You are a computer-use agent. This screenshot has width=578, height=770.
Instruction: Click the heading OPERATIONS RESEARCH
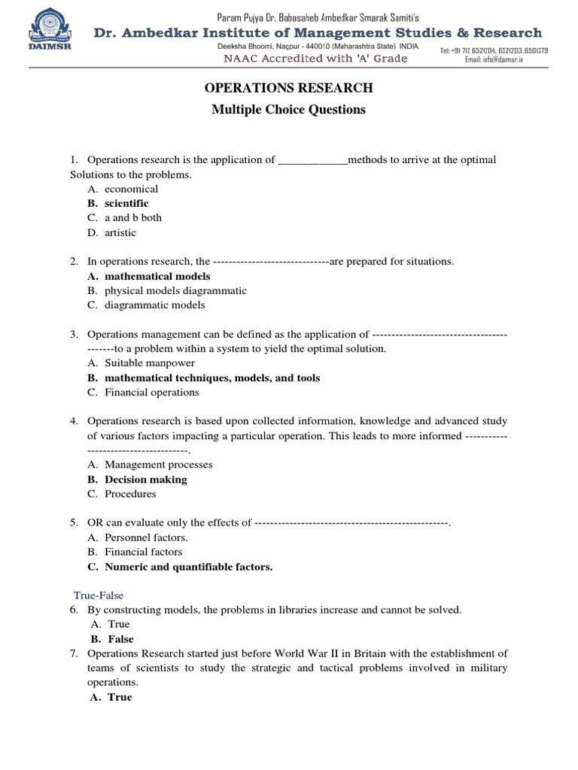289,89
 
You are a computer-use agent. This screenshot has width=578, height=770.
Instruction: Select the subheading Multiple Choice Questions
289,110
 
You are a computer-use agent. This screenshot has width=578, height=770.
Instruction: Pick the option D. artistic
112,232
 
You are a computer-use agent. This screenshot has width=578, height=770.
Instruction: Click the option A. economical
123,189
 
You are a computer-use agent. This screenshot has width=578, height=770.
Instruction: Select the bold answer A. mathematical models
149,276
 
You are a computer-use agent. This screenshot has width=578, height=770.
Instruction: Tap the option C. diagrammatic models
146,305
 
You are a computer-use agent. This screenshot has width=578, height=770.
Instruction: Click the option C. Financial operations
143,393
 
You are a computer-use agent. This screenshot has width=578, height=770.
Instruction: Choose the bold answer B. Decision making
137,480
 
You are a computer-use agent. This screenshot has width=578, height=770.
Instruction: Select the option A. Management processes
150,465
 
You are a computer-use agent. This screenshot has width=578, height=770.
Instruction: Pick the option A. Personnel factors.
138,538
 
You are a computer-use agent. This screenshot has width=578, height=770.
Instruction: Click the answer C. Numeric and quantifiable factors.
180,567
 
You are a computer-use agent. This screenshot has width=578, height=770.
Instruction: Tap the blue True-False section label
98,595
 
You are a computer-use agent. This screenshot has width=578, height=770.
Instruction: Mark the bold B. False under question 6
112,639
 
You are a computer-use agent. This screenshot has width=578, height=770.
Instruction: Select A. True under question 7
111,697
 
